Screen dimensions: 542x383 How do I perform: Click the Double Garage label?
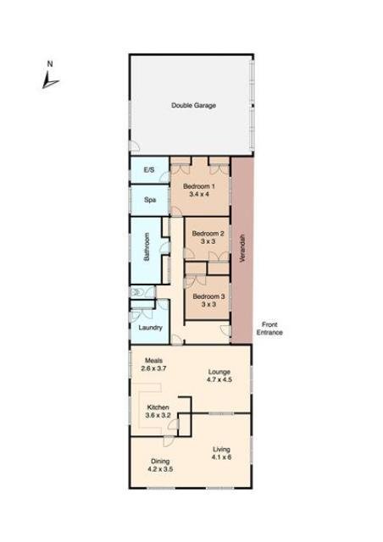(193, 106)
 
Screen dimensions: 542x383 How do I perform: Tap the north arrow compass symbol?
(49, 77)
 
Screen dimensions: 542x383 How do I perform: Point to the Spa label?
(149, 201)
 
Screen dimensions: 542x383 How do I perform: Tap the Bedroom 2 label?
(208, 234)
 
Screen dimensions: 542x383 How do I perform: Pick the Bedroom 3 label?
(208, 296)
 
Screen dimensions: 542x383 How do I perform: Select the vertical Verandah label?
(242, 249)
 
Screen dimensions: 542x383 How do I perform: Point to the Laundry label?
(149, 327)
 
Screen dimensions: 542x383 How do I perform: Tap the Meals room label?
(153, 360)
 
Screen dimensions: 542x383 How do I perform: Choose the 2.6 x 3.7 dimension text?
(153, 368)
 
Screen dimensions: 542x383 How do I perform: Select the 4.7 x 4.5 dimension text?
(219, 380)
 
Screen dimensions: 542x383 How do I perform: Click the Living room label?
(221, 449)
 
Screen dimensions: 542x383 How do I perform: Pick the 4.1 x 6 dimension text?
(221, 457)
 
